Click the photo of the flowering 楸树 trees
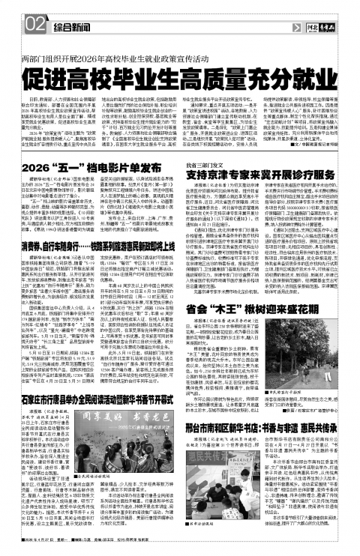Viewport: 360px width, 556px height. [x=316, y=341]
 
